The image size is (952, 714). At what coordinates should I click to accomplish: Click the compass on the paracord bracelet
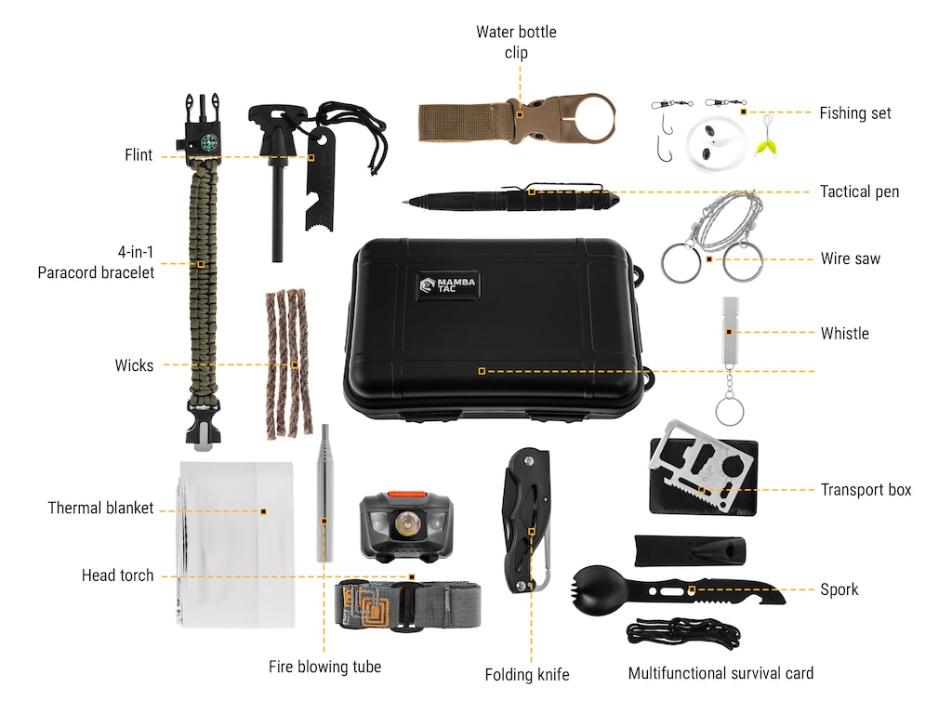tap(208, 143)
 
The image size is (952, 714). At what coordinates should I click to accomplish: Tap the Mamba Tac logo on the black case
tap(448, 284)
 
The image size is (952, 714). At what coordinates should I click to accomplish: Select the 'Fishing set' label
tap(855, 113)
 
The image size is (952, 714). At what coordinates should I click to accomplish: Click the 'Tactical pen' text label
tap(859, 192)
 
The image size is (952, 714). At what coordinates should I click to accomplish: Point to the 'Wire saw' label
tap(850, 258)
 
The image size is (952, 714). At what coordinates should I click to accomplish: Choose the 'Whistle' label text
tap(844, 334)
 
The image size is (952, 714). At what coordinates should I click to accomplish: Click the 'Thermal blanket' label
tap(100, 508)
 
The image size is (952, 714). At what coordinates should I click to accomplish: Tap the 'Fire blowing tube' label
tap(324, 667)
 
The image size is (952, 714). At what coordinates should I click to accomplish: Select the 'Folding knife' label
tap(527, 675)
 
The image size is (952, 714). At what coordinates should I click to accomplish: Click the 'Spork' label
tap(840, 589)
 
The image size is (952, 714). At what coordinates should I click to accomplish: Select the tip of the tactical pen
tap(404, 202)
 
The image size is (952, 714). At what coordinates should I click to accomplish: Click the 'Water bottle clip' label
tap(516, 42)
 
